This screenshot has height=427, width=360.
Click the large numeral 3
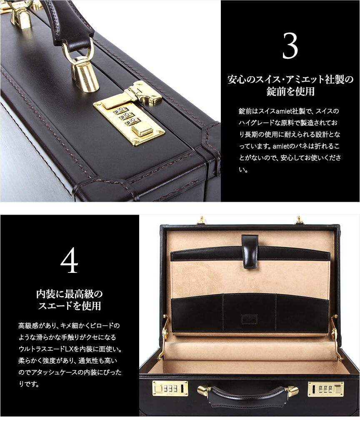point(290,46)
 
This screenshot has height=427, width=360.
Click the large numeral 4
point(69,261)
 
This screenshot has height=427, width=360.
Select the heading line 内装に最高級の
point(70,294)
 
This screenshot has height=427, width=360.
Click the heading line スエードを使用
point(70,306)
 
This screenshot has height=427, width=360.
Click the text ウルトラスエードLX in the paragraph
point(46,349)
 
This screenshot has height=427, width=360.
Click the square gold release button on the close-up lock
point(142,128)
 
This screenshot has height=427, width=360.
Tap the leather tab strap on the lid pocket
point(250,251)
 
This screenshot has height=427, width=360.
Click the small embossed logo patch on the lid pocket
point(249,319)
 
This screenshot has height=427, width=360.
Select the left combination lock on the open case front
point(170,389)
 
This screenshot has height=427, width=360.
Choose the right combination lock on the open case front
point(326,389)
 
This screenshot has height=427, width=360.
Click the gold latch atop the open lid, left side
point(201,220)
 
